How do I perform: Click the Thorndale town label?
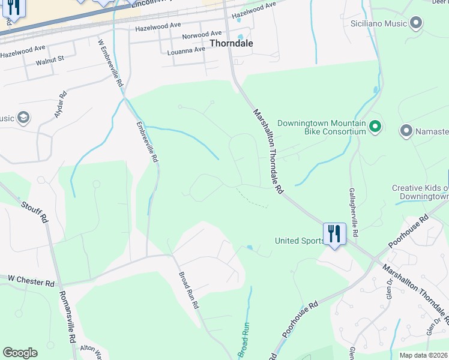pos(231,44)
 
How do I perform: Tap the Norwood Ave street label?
pos(203,35)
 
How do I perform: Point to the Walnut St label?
pos(50,60)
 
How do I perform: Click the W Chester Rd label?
pos(31,280)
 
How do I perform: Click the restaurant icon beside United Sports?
pos(334,233)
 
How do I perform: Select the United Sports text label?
pos(298,241)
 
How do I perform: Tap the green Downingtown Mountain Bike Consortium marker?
pos(375,127)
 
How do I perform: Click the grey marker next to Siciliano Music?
pos(416,24)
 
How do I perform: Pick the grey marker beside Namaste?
pos(406,131)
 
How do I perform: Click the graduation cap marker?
pos(23,118)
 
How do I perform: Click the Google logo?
pos(20,353)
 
